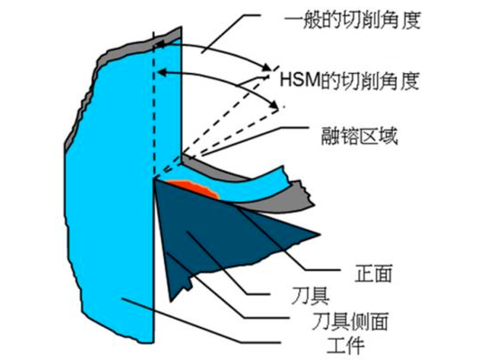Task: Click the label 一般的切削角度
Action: coord(352,20)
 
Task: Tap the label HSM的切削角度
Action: coord(350,81)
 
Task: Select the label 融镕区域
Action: coord(359,136)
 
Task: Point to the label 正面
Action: coord(374,273)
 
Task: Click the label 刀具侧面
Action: coord(350,321)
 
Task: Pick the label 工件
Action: coord(346,345)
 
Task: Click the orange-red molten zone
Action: coord(194,188)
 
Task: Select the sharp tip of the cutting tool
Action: coord(155,180)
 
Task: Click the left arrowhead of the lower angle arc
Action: coord(162,72)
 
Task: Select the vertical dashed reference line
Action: coord(154,105)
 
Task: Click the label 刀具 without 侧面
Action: coord(310,296)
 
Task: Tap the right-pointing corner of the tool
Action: coord(319,235)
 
